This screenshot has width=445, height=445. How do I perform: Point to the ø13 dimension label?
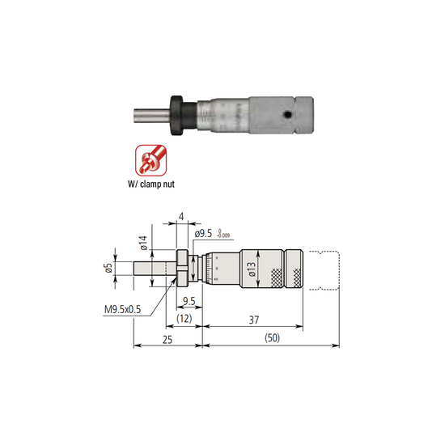click(x=252, y=269)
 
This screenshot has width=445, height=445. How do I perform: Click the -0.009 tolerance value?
click(x=224, y=236)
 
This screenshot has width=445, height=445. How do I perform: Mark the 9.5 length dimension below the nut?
click(x=189, y=302)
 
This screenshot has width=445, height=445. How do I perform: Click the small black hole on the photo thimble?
click(x=286, y=114)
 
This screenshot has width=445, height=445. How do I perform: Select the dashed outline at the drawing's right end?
click(x=327, y=269)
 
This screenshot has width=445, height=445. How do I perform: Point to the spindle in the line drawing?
click(x=149, y=269)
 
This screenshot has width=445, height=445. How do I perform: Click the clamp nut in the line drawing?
click(x=183, y=269)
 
